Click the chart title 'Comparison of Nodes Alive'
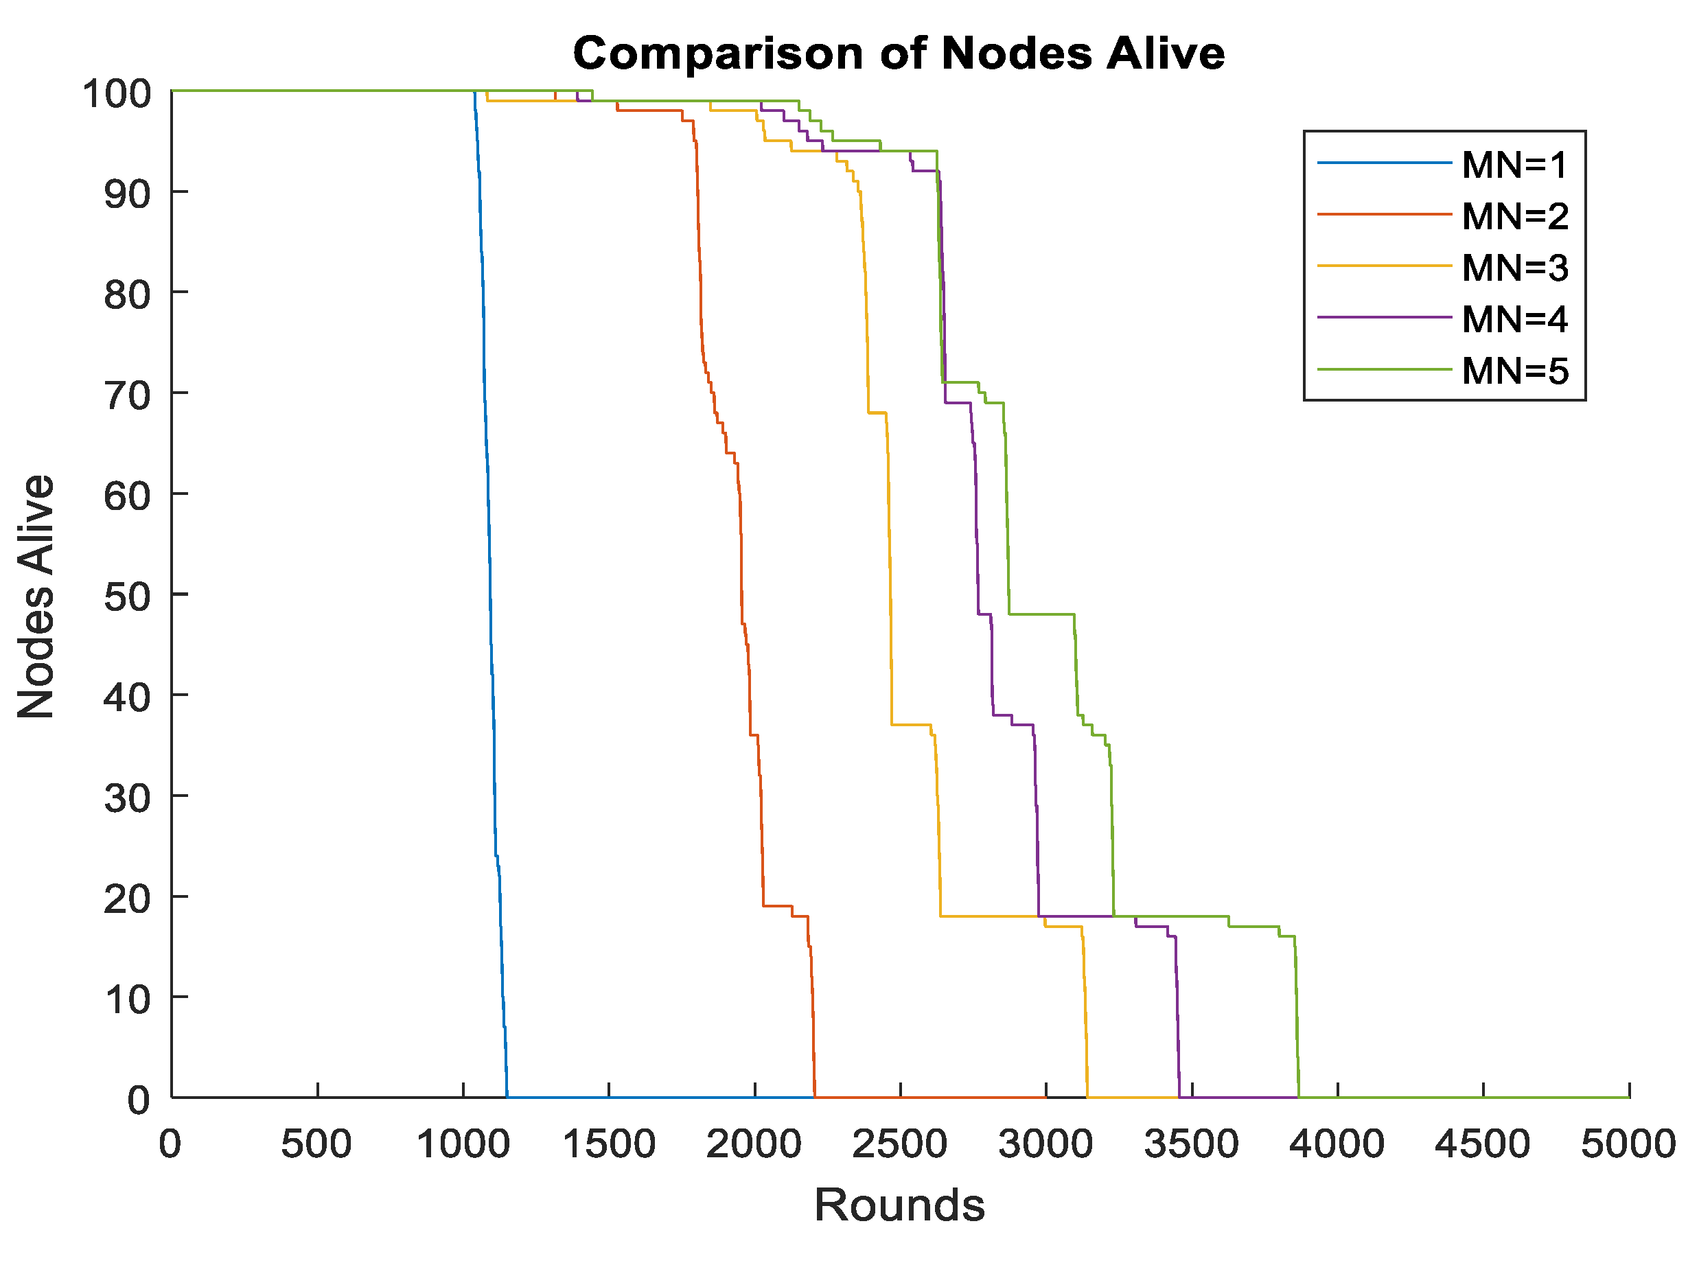pos(899,54)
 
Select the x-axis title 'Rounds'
pos(899,1205)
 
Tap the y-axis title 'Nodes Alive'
pos(36,596)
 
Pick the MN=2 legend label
pos(1514,216)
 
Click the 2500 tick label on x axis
pos(899,1144)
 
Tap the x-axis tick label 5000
pos(1628,1144)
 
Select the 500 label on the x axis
pos(316,1144)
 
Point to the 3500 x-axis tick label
pos(1191,1144)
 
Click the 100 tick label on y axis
pos(116,94)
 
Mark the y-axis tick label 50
pos(127,596)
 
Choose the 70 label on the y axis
pos(127,395)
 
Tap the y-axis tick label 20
pos(127,899)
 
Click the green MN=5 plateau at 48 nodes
pos(1041,614)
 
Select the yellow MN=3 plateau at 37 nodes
pos(910,724)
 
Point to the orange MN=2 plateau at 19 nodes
pos(777,906)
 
